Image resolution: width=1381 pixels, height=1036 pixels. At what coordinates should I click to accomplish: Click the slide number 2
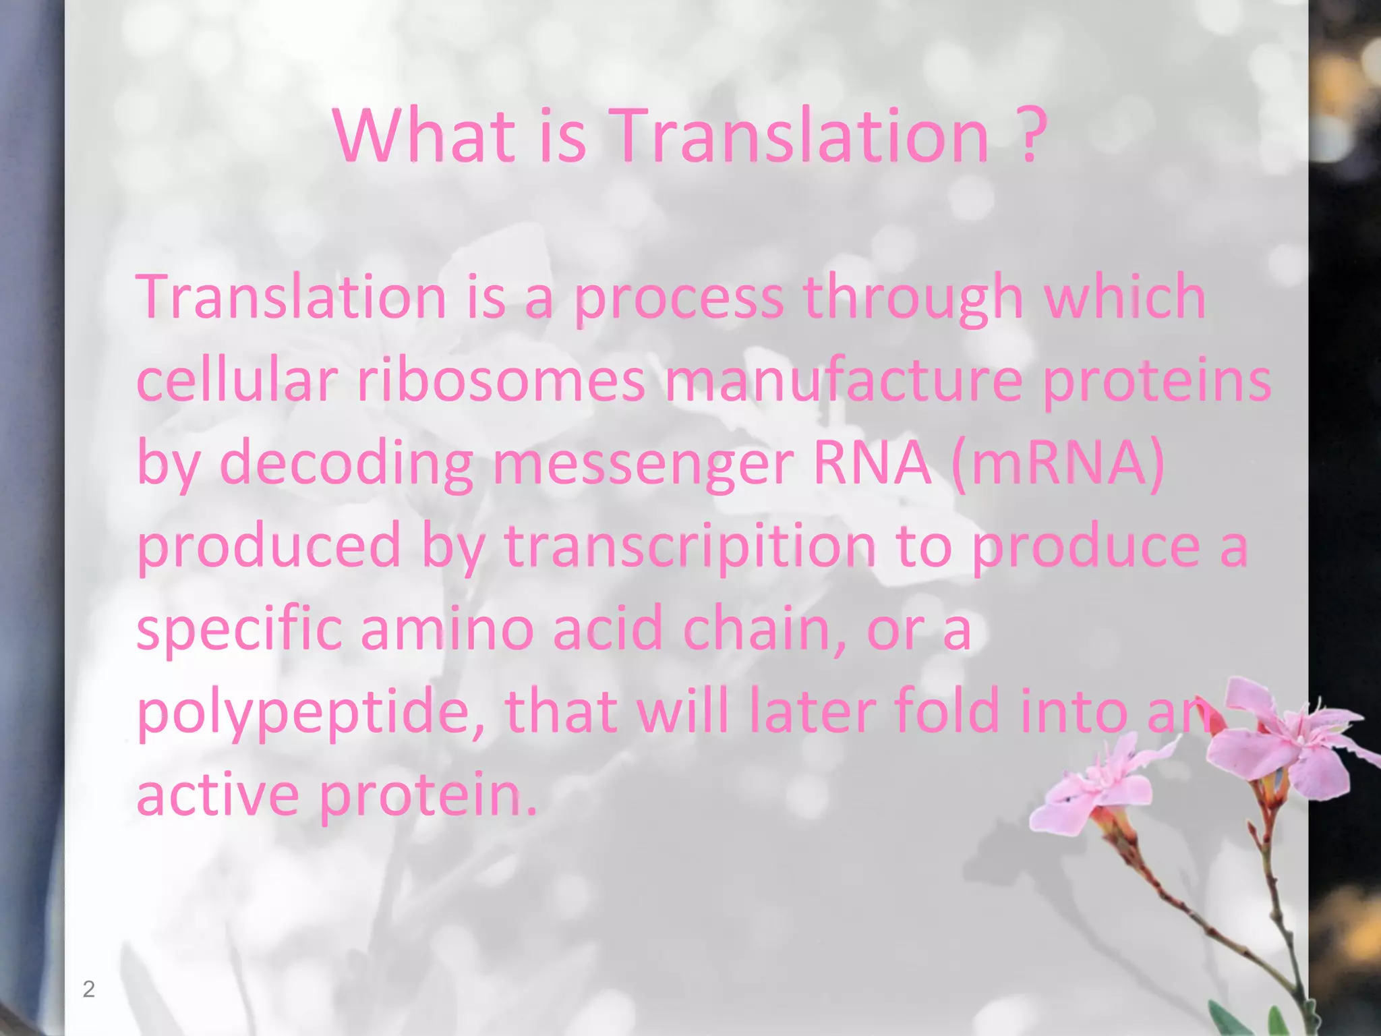(88, 989)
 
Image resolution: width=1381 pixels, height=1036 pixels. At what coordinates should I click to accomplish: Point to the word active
(218, 795)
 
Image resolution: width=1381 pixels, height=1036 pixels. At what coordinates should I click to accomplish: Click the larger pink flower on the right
(1285, 739)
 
